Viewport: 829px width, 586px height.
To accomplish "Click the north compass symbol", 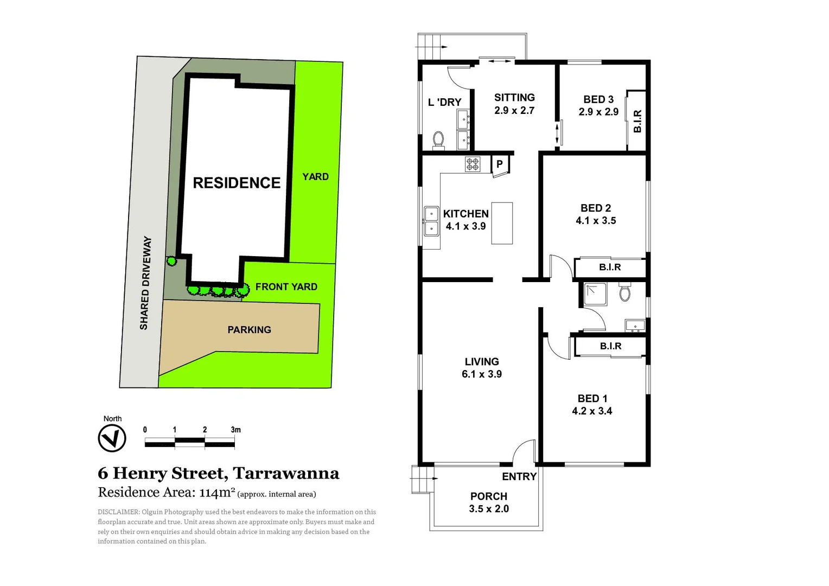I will point(112,437).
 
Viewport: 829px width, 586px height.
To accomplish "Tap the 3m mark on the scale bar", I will point(235,430).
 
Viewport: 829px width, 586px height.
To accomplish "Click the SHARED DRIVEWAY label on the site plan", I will point(145,283).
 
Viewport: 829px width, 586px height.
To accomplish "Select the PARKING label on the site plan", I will point(249,330).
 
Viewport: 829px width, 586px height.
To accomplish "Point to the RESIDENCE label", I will point(237,183).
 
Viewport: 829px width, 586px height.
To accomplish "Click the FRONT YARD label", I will point(286,286).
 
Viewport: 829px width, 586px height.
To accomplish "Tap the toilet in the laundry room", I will point(438,139).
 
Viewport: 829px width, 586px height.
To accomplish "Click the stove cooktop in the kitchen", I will point(473,164).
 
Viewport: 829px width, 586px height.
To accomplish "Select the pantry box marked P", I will point(500,164).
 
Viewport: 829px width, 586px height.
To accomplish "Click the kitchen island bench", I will point(502,223).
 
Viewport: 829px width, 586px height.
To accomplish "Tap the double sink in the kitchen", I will point(431,221).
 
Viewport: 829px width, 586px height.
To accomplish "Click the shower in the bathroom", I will point(595,294).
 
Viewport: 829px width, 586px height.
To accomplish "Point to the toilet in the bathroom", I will point(625,292).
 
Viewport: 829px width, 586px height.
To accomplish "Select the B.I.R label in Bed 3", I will point(637,121).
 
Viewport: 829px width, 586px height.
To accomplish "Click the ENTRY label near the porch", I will point(519,476).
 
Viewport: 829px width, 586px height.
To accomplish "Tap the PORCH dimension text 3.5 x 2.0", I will point(489,509).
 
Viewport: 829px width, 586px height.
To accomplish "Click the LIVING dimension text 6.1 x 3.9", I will point(481,374).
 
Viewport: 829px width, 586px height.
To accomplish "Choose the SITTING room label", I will point(514,98).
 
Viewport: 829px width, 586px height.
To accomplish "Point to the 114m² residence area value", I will point(217,493).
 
